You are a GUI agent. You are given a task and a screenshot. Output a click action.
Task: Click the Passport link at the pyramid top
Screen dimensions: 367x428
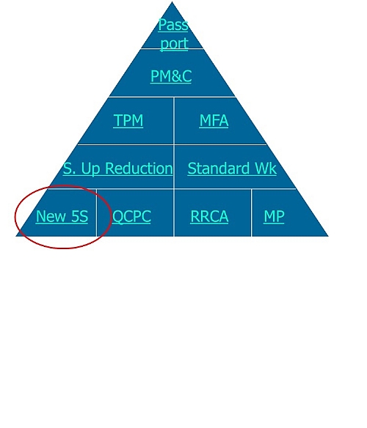[173, 34]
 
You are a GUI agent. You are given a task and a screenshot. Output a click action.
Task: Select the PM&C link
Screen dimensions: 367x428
[171, 76]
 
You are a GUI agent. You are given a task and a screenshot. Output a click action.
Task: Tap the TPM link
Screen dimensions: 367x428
[128, 120]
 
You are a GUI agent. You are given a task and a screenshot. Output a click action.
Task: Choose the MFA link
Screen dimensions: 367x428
[214, 120]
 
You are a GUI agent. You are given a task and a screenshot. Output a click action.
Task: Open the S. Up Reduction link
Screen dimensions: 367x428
[118, 169]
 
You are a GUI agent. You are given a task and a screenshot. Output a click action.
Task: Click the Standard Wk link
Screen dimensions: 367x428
[232, 168]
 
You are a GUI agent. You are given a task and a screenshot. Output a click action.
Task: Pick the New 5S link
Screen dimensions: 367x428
[62, 216]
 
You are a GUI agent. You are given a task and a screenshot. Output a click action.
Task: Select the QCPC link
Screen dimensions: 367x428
[131, 217]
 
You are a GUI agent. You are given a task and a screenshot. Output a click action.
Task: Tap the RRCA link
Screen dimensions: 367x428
[209, 216]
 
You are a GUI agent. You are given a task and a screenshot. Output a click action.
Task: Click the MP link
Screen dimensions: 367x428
[274, 216]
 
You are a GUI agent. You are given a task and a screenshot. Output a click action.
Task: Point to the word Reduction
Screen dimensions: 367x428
[139, 168]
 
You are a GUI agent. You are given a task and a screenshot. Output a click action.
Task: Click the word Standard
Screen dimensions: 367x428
[219, 168]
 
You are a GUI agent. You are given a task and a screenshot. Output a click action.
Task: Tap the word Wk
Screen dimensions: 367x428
[266, 168]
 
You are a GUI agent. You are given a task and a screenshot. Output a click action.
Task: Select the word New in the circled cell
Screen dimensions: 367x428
[51, 216]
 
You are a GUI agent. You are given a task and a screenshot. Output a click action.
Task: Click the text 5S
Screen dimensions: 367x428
[80, 216]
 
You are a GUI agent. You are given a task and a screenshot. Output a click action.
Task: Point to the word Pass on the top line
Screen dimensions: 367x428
[173, 25]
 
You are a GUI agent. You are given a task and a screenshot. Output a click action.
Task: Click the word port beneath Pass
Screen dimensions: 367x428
[175, 43]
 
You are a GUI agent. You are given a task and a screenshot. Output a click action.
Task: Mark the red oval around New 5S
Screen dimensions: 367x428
[15, 217]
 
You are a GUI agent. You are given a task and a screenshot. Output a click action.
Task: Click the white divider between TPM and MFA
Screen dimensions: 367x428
[174, 121]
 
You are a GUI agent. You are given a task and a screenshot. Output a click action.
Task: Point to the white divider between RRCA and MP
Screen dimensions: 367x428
[251, 213]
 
